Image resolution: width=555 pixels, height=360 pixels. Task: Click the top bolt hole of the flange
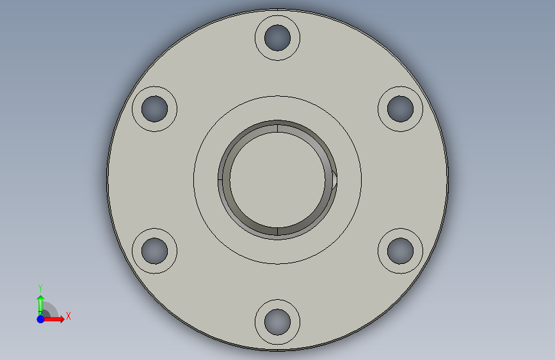point(278,38)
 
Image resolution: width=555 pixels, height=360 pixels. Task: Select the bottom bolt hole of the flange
point(278,322)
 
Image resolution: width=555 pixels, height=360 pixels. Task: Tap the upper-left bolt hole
point(155,109)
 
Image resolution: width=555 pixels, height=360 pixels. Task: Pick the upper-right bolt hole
point(400,109)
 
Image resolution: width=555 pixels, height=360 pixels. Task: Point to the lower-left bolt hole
point(155,251)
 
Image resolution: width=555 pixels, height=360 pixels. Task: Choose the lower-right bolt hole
point(400,251)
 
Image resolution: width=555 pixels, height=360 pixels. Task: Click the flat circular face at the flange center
point(278,179)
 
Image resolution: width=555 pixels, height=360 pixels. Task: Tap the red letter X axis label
point(68,316)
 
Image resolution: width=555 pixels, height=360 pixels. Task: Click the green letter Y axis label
point(40,288)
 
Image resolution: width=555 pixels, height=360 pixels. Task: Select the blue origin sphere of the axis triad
point(41,319)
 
